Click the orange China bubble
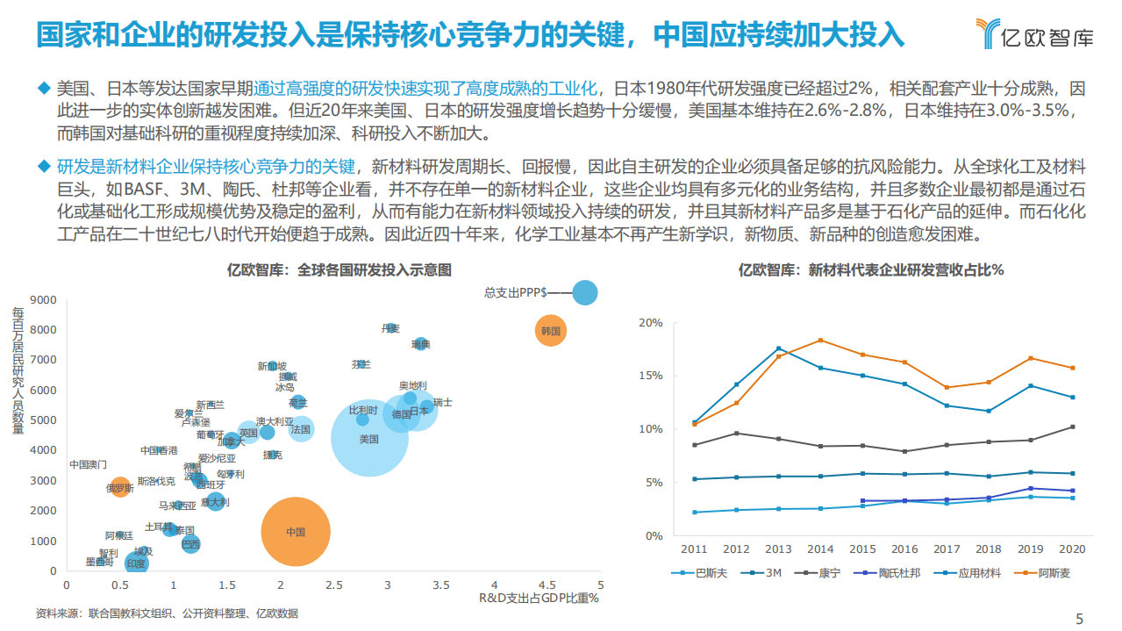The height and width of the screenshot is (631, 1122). point(296,531)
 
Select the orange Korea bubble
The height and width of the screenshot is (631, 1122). point(551,331)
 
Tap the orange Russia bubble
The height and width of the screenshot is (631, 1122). point(120,487)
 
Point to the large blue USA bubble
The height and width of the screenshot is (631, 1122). point(369,438)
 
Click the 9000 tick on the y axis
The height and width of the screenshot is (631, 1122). point(44,300)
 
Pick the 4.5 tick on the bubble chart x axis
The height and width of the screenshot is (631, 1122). point(547,584)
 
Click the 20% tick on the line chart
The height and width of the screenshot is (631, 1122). point(651,322)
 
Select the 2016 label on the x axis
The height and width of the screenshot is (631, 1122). point(904,549)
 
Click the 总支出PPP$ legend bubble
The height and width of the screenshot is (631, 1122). point(585,292)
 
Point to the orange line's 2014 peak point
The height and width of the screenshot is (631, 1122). point(820,341)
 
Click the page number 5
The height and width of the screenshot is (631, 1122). point(1080,616)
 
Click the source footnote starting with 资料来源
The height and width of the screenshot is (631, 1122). point(167,613)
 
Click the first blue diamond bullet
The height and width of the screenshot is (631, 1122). point(44,88)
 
